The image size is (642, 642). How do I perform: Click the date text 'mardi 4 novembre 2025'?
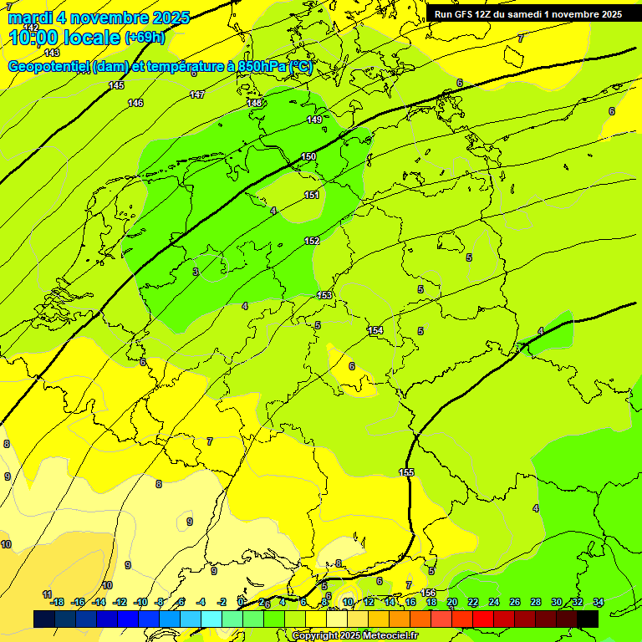[x=99, y=18]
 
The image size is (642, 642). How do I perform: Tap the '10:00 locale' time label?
[x=65, y=38]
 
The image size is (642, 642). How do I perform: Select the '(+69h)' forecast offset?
[x=145, y=38]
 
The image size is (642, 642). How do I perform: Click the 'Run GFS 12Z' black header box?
[x=527, y=14]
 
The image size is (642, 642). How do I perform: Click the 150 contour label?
[x=308, y=157]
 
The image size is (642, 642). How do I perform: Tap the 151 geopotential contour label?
[x=312, y=195]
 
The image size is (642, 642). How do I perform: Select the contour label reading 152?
[x=312, y=241]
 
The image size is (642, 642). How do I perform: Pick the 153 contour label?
[x=325, y=295]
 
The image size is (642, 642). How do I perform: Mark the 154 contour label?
[x=375, y=331]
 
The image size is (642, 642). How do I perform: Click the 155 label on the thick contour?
[x=406, y=472]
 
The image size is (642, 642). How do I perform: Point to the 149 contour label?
[x=314, y=120]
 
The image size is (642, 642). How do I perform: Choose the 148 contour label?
[x=255, y=103]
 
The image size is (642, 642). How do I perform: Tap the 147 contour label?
[x=197, y=94]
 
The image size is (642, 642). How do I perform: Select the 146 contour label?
[x=135, y=103]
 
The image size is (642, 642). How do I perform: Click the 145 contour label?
[x=116, y=85]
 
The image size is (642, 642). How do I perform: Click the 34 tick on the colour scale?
[x=599, y=602]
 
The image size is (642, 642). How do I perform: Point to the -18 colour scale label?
[x=57, y=602]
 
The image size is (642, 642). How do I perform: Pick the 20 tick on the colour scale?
[x=452, y=602]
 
